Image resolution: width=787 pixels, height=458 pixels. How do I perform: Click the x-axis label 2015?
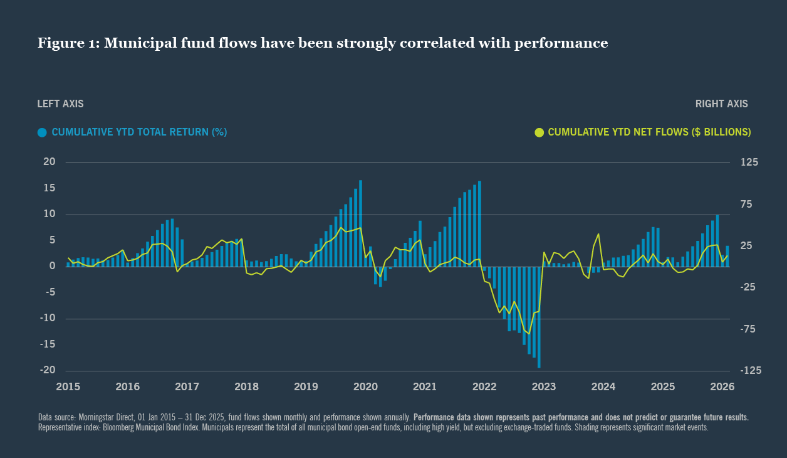[x=68, y=386]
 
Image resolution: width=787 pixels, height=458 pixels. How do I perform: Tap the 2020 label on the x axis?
[x=365, y=386]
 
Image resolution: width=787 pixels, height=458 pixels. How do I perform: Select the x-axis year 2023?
[x=544, y=386]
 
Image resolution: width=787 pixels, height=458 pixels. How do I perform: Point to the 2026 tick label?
[x=722, y=386]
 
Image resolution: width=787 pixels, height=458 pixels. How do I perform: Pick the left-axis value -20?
[x=48, y=370]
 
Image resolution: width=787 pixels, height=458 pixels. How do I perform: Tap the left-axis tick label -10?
[x=48, y=318]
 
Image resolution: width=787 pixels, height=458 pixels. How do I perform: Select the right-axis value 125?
[x=749, y=162]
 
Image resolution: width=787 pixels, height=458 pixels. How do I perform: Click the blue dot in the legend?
[x=43, y=132]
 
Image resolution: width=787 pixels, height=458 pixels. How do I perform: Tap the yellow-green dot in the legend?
[x=539, y=132]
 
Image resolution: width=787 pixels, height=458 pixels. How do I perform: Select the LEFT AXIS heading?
[x=60, y=104]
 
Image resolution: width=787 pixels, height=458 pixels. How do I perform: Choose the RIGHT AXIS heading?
[x=721, y=104]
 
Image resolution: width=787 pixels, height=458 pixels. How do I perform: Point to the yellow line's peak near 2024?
[x=599, y=234]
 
